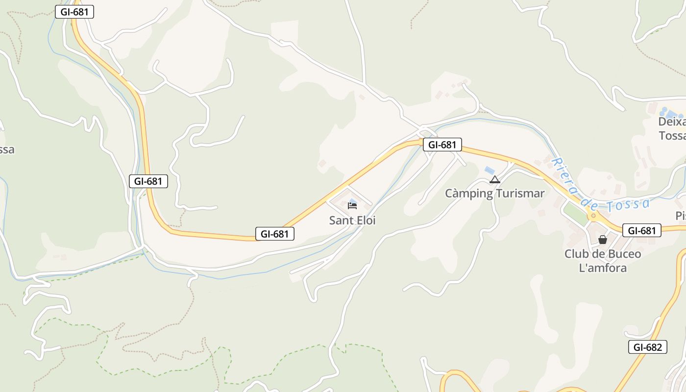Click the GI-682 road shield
click(647, 347)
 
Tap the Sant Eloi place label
click(352, 220)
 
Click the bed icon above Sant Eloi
click(352, 205)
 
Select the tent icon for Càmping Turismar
click(495, 179)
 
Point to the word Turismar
click(520, 194)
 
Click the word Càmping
click(469, 194)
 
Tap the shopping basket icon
click(603, 240)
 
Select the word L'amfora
click(603, 268)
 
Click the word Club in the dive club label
click(577, 254)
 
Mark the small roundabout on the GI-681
click(593, 215)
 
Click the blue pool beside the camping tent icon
click(489, 170)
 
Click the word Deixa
click(672, 122)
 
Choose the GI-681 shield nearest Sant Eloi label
click(275, 234)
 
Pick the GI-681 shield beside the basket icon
click(641, 230)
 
